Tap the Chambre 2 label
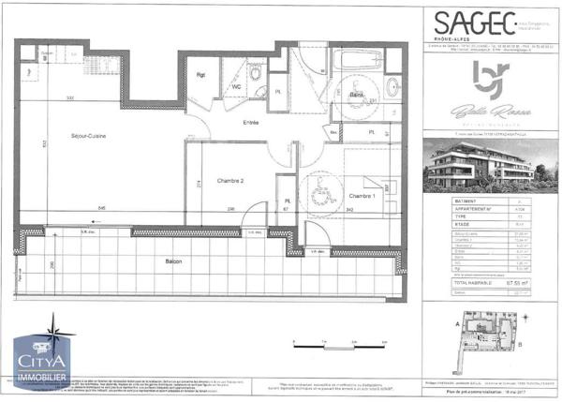(x=229, y=180)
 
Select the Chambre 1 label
(x=362, y=195)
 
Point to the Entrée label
(x=251, y=123)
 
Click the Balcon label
(x=170, y=261)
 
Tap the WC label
(x=237, y=87)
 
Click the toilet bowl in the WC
(x=255, y=74)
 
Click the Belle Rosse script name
(x=487, y=111)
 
